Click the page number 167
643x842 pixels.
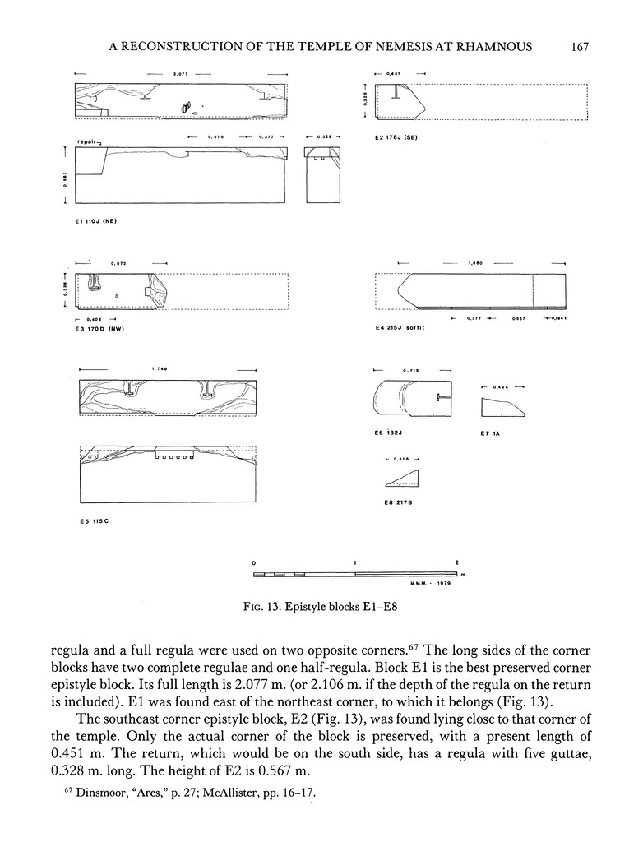581,47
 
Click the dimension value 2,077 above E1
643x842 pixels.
182,75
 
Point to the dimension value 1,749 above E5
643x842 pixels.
160,368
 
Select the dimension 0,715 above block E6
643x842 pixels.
411,371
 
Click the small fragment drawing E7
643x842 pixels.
503,406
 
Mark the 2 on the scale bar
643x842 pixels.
456,562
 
